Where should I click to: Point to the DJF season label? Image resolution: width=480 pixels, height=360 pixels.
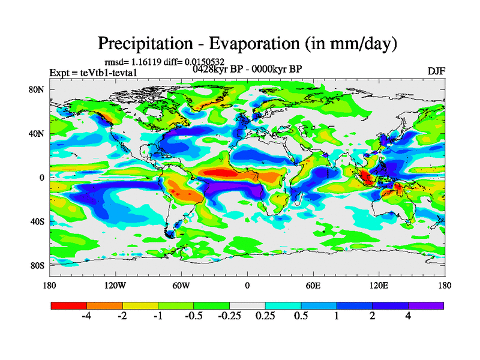pyautogui.click(x=436, y=71)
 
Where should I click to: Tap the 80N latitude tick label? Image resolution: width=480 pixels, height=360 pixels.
pyautogui.click(x=38, y=90)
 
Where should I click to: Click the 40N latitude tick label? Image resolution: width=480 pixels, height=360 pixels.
pyautogui.click(x=38, y=134)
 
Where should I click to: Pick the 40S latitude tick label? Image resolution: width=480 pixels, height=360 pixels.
pyautogui.click(x=38, y=221)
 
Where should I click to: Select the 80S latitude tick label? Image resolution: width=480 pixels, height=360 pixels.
pyautogui.click(x=38, y=265)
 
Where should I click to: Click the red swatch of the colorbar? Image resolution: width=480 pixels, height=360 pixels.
pyautogui.click(x=69, y=305)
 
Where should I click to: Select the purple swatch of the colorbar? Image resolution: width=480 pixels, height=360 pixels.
pyautogui.click(x=426, y=305)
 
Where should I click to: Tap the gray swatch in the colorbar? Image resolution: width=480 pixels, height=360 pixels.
pyautogui.click(x=247, y=305)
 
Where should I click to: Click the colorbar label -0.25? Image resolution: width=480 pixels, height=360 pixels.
pyautogui.click(x=228, y=317)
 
